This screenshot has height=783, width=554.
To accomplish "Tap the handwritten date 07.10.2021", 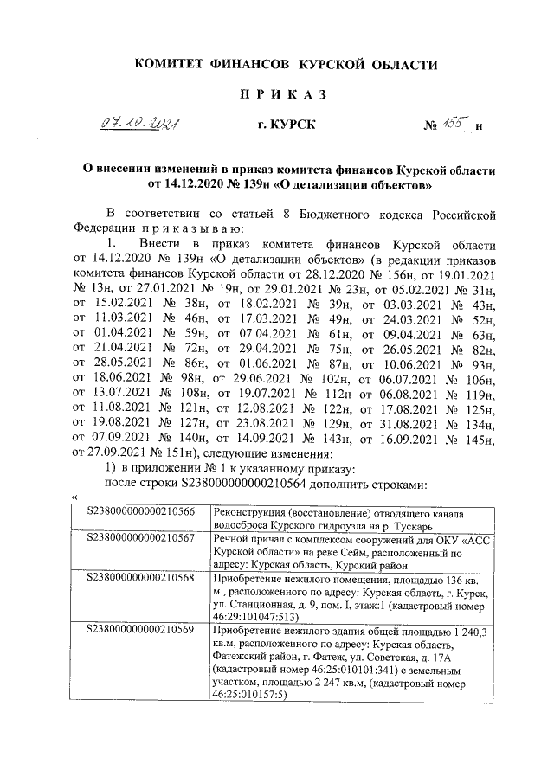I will click(144, 126).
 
